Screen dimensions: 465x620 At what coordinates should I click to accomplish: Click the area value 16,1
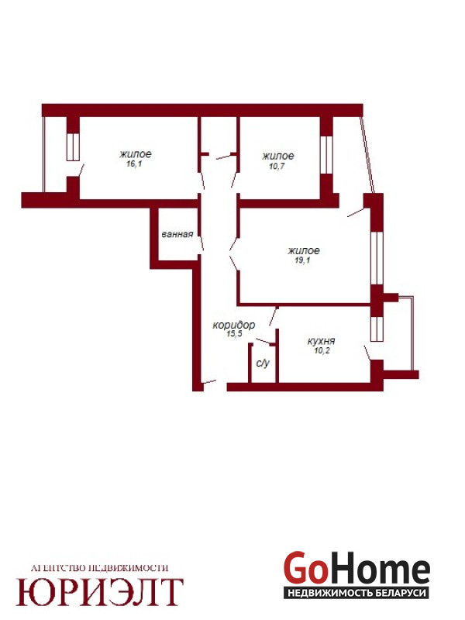pos(134,164)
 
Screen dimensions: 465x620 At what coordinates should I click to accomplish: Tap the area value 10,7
pos(277,166)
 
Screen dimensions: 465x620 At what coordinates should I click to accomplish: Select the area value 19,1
pos(302,260)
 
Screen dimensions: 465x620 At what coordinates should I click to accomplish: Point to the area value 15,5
pos(234,334)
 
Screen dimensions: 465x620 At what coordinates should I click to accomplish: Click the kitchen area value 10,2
pos(322,350)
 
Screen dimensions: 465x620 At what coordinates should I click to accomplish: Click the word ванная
pos(177,234)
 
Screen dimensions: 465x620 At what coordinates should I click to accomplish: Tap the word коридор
pos(234,325)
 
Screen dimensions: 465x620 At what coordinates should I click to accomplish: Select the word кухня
pos(321,341)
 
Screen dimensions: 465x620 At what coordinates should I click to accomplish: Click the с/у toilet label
pos(263,363)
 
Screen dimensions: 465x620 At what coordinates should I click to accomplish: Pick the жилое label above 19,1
pos(304,250)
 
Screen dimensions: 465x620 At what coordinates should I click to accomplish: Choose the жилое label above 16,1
pos(135,153)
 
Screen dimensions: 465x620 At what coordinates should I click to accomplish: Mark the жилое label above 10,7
pos(278,157)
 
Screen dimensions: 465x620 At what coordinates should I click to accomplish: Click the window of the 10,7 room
pos(326,155)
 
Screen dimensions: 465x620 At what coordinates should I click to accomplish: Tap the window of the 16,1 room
pos(73,147)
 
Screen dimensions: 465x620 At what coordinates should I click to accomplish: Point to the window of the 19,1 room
pos(377,258)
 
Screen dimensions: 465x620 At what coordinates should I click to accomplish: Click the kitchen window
pos(377,329)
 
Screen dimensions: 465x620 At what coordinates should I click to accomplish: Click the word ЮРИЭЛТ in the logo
pos(100,592)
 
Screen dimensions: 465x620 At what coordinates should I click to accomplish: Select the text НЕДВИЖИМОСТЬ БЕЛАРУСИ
pos(356,593)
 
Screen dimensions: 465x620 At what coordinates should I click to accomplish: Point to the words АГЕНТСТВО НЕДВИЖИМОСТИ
pos(99,568)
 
